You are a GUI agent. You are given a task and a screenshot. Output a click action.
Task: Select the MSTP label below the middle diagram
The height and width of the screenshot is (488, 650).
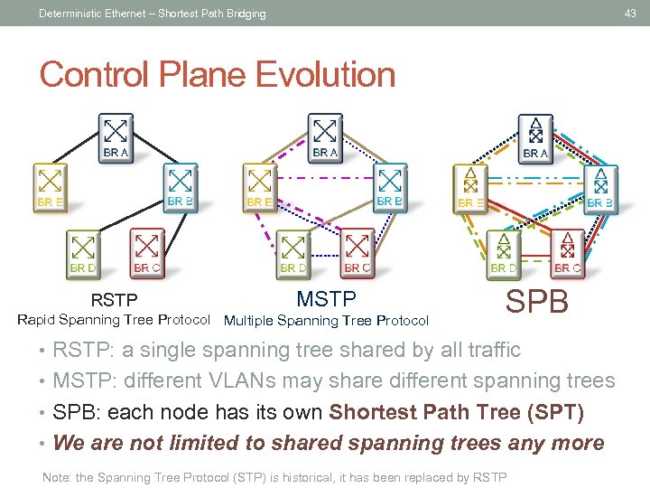click(x=326, y=299)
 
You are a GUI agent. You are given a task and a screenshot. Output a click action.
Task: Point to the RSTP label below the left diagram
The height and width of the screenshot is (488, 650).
click(x=114, y=300)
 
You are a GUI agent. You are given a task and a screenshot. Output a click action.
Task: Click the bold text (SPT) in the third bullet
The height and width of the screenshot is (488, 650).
click(x=555, y=412)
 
